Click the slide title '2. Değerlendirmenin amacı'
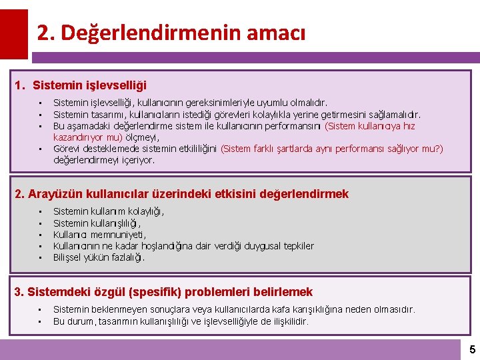171,33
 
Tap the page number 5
472,349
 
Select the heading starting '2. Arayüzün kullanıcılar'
181,194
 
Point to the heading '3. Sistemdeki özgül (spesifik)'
163,292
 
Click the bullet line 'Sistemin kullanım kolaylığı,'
109,211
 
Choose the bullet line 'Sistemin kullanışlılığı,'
97,223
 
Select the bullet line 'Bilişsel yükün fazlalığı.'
99,257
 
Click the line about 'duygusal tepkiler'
183,246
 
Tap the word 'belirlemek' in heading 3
285,292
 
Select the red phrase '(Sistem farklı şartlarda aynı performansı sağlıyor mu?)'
331,149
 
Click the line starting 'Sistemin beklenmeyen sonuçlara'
233,309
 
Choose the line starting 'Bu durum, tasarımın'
180,321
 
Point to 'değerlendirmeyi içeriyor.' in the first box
103,160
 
